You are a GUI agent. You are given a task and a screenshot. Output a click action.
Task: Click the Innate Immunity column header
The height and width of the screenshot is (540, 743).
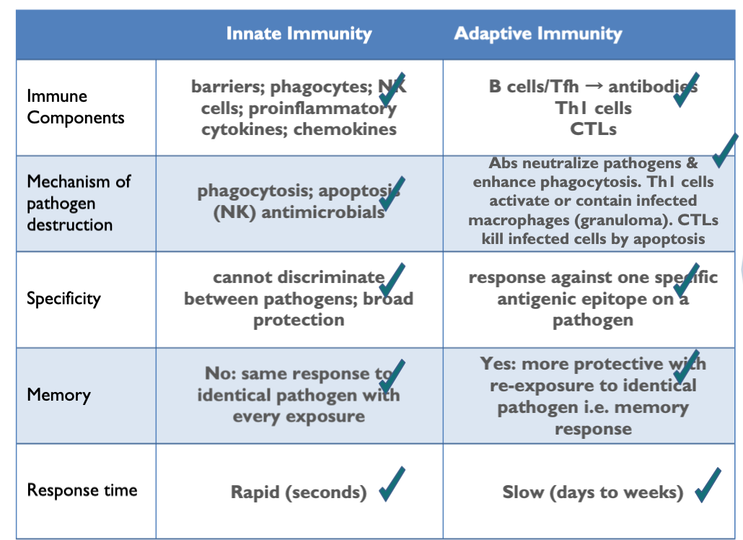click(299, 34)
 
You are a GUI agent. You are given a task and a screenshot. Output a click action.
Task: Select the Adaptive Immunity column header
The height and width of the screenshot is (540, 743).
click(537, 34)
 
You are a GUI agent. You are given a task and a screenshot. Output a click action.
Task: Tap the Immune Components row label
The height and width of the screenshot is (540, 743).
click(75, 107)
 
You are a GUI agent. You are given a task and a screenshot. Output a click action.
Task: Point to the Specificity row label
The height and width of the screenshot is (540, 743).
click(63, 298)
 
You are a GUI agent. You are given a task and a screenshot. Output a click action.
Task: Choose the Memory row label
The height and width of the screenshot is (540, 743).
click(58, 395)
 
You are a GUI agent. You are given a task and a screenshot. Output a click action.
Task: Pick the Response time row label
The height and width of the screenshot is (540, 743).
click(82, 490)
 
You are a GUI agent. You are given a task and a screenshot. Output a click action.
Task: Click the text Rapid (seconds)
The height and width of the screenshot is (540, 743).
click(298, 492)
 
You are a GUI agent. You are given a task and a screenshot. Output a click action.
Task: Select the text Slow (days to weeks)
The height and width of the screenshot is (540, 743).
click(592, 492)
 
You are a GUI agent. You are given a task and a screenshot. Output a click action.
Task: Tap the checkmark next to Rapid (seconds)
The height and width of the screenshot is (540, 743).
click(391, 484)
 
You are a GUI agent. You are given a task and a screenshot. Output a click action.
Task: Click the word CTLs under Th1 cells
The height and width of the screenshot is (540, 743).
click(593, 130)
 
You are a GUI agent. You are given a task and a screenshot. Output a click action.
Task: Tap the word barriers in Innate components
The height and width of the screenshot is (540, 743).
click(219, 87)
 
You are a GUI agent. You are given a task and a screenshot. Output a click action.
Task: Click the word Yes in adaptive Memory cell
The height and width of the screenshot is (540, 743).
click(497, 364)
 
